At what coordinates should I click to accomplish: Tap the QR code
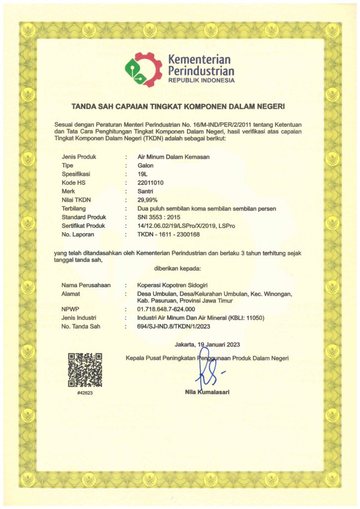85,370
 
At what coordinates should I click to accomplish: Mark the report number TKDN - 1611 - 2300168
168,234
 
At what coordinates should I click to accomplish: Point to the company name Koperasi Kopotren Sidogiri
171,285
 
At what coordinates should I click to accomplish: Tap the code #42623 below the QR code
85,393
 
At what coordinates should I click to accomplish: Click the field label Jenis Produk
79,157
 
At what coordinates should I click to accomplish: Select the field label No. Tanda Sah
82,326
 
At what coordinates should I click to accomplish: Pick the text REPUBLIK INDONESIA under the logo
201,80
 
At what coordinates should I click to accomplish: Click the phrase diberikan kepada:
178,268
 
